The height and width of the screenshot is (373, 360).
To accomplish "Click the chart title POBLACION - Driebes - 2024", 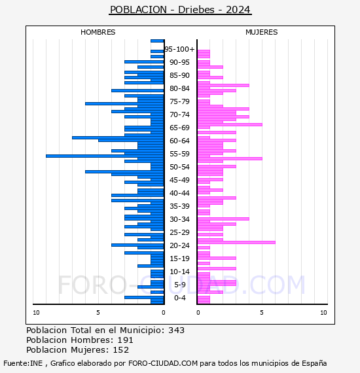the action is click(x=180, y=10).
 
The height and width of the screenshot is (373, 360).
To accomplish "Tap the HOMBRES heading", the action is click(x=98, y=32).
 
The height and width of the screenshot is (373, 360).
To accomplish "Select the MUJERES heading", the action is click(x=262, y=32).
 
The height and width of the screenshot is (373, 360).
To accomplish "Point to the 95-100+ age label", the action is click(x=179, y=49).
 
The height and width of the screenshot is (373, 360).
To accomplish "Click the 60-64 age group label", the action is click(x=179, y=141).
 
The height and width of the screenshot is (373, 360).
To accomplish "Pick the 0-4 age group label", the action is click(x=180, y=298).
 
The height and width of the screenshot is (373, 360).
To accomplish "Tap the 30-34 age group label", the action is click(x=179, y=219).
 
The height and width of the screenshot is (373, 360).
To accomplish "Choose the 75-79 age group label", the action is click(x=179, y=101).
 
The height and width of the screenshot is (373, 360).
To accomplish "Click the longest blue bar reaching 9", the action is click(x=105, y=156).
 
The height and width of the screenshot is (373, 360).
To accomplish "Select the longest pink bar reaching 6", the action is click(x=236, y=242).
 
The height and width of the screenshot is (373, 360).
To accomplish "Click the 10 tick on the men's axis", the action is click(x=36, y=313).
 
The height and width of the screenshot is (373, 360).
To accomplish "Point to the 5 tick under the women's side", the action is click(x=262, y=313).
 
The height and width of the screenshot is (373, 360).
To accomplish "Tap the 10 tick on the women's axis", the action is click(x=323, y=313).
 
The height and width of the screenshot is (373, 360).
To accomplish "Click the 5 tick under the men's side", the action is click(x=98, y=313).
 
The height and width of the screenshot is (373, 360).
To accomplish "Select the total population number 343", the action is click(x=176, y=330).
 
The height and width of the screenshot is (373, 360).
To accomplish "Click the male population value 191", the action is click(x=126, y=340).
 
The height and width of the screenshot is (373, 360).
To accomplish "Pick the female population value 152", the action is click(x=121, y=349).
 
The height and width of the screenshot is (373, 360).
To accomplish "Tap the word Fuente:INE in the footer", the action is click(x=23, y=363).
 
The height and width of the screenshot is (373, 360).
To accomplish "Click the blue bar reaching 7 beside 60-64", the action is click(x=118, y=137).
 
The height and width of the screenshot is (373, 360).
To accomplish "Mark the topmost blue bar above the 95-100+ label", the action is click(x=157, y=41).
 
